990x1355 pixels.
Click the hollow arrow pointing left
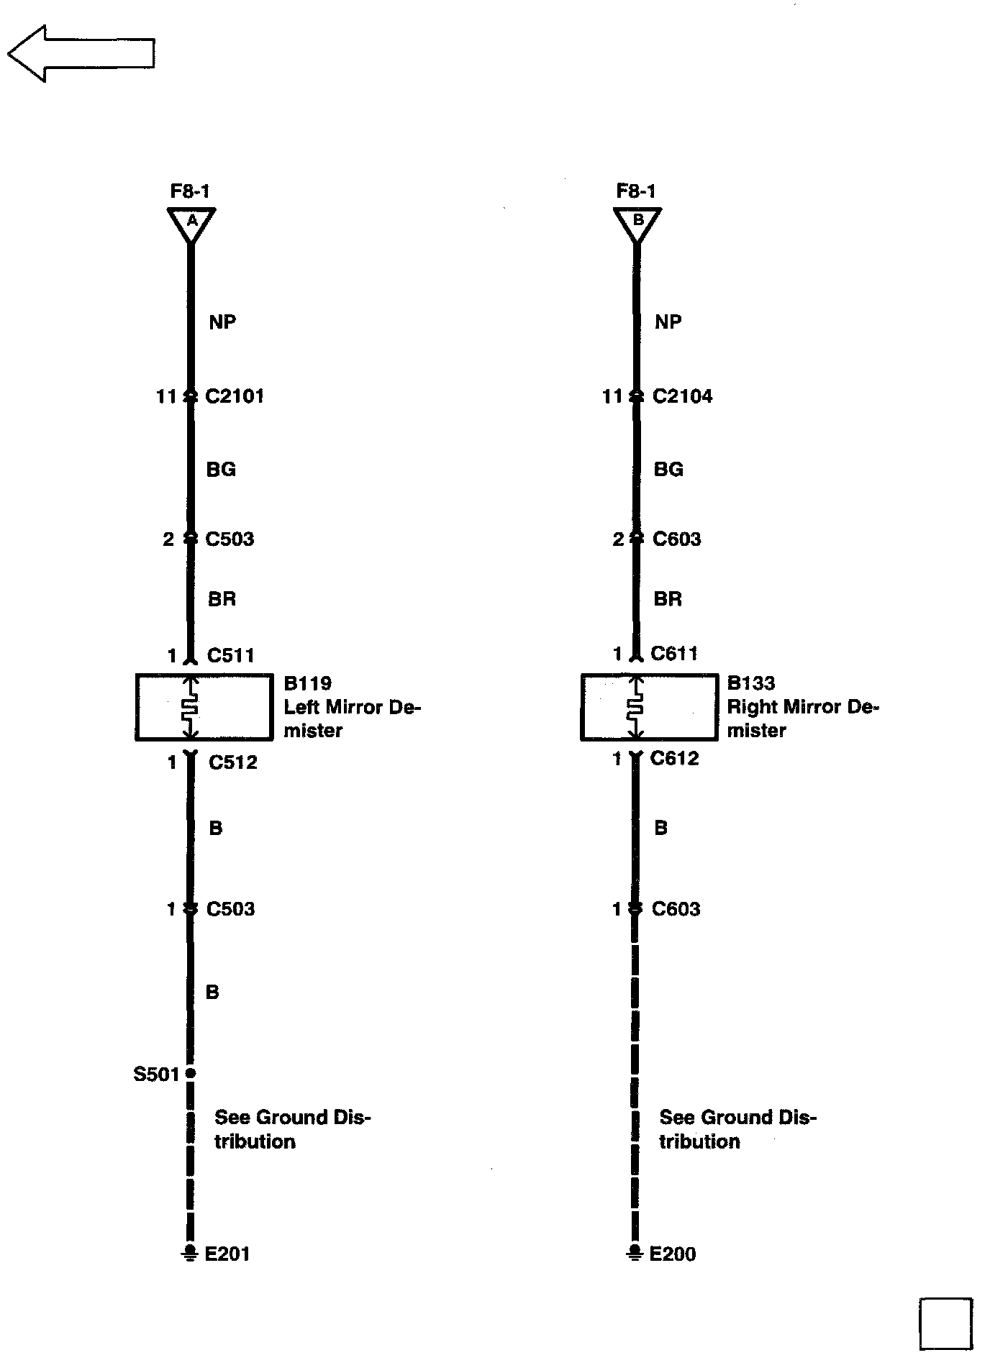click(81, 53)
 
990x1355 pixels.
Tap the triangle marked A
click(191, 223)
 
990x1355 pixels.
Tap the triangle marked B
click(637, 223)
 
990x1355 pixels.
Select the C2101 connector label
click(235, 396)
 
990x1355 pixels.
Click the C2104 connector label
click(682, 396)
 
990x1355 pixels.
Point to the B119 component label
click(307, 683)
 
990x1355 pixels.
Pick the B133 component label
click(751, 683)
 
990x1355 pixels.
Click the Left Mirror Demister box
click(204, 707)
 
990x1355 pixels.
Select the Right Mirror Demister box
click(649, 707)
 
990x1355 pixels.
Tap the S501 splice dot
click(190, 1073)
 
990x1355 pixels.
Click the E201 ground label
click(227, 1254)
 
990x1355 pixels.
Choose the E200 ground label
click(673, 1254)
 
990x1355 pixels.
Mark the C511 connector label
click(230, 655)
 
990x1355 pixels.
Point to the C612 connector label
click(674, 759)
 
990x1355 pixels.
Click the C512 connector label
click(232, 762)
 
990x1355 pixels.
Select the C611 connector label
click(674, 653)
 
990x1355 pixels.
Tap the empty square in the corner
click(945, 1323)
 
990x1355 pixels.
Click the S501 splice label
click(155, 1075)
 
